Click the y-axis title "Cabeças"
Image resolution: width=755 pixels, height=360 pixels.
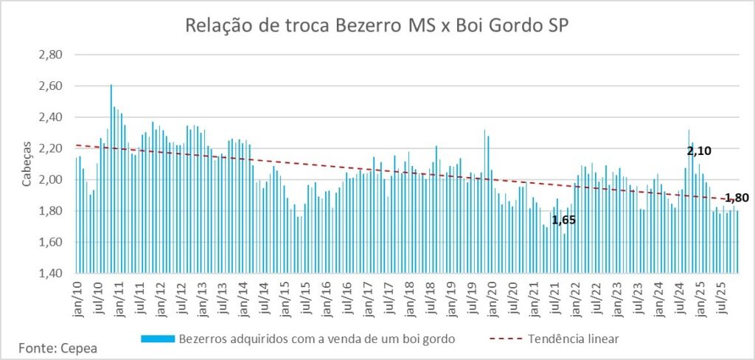pyautogui.click(x=26, y=164)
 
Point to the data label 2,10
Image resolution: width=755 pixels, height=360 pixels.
pyautogui.click(x=700, y=151)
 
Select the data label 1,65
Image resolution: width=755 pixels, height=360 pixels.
pyautogui.click(x=564, y=219)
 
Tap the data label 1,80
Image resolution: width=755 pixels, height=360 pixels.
pyautogui.click(x=737, y=198)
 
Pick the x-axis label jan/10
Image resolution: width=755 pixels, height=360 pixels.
pyautogui.click(x=78, y=303)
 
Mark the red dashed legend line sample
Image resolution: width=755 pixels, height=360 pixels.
pyautogui.click(x=509, y=339)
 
